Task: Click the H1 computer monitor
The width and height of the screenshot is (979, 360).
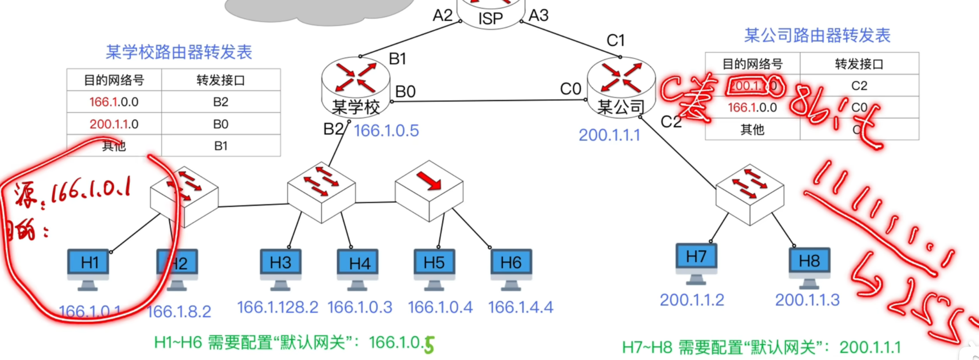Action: [88, 263]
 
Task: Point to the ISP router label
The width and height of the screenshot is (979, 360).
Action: [490, 18]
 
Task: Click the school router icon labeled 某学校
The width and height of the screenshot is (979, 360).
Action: [355, 87]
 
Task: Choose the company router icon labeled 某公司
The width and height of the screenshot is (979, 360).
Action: [621, 87]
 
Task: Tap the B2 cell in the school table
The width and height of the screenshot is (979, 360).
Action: [221, 102]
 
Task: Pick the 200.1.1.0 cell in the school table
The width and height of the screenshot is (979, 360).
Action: [114, 124]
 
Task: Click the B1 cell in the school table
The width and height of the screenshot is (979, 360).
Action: [221, 146]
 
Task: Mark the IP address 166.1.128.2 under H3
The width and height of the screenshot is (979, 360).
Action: [277, 307]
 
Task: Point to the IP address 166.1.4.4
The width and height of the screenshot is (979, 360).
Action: [520, 307]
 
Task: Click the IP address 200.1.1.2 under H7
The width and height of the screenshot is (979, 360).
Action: [692, 300]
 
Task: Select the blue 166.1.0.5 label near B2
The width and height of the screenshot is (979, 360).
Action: [386, 131]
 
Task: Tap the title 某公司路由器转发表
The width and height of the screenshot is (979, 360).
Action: [817, 35]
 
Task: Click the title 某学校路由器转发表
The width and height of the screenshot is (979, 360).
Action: [179, 52]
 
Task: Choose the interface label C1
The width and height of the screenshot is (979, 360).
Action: [615, 40]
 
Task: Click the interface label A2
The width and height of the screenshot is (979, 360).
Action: [442, 16]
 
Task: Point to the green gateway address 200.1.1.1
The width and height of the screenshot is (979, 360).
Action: [870, 348]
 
